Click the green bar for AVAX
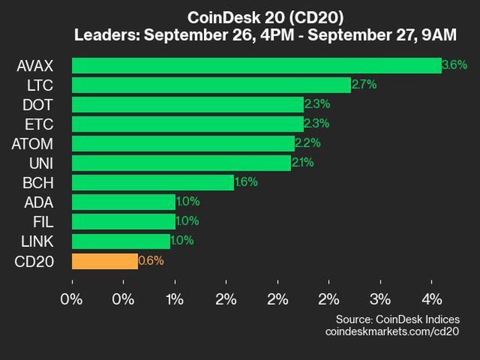[256, 65]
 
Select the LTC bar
[211, 85]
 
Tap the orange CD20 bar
[104, 261]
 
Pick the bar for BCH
[152, 182]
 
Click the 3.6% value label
[454, 65]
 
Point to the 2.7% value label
[364, 85]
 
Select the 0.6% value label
[151, 261]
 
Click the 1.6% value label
[247, 182]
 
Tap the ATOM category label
[32, 144]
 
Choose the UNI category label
[41, 163]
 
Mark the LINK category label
[37, 241]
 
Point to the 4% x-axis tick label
[432, 299]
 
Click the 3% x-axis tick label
[380, 299]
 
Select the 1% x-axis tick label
[175, 299]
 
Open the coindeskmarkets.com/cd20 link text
[392, 331]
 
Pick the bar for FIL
[124, 221]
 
